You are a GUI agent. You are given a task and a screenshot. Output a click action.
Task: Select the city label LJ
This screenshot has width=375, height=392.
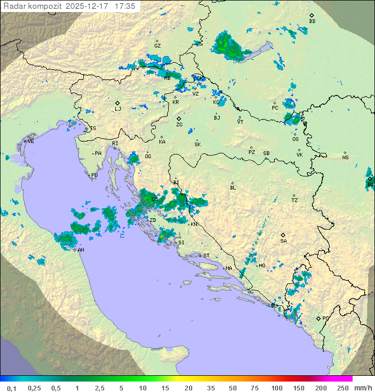[118, 109]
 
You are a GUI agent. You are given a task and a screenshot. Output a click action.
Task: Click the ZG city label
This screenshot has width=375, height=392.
[179, 125]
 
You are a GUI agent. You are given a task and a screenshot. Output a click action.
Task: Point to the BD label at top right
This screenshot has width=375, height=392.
[312, 21]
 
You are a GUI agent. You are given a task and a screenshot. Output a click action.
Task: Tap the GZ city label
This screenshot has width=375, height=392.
[157, 46]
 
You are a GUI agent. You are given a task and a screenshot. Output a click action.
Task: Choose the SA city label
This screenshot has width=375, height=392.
[283, 241]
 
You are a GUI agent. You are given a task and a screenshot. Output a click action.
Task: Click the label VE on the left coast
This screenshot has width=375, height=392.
[31, 141]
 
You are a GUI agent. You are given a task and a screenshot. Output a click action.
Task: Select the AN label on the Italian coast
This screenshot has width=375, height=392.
[81, 250]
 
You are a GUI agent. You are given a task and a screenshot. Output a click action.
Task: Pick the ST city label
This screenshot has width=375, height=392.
[206, 256]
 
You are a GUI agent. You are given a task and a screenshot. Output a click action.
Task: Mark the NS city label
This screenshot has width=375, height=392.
[345, 158]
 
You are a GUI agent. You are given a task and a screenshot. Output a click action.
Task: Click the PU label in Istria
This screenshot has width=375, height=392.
[94, 175]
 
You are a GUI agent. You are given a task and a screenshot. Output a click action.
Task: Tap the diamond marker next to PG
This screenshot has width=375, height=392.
[318, 318]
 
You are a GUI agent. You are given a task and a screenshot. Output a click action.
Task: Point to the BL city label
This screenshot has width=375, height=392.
[233, 187]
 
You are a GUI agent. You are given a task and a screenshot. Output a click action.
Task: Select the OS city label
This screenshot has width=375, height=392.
[295, 139]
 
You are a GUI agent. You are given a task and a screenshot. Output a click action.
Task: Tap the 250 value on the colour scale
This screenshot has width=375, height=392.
[343, 388]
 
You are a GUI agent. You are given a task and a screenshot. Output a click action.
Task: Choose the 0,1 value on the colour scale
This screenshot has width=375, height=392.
[11, 388]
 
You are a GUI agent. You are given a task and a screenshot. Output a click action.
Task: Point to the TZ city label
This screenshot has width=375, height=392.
[294, 200]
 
